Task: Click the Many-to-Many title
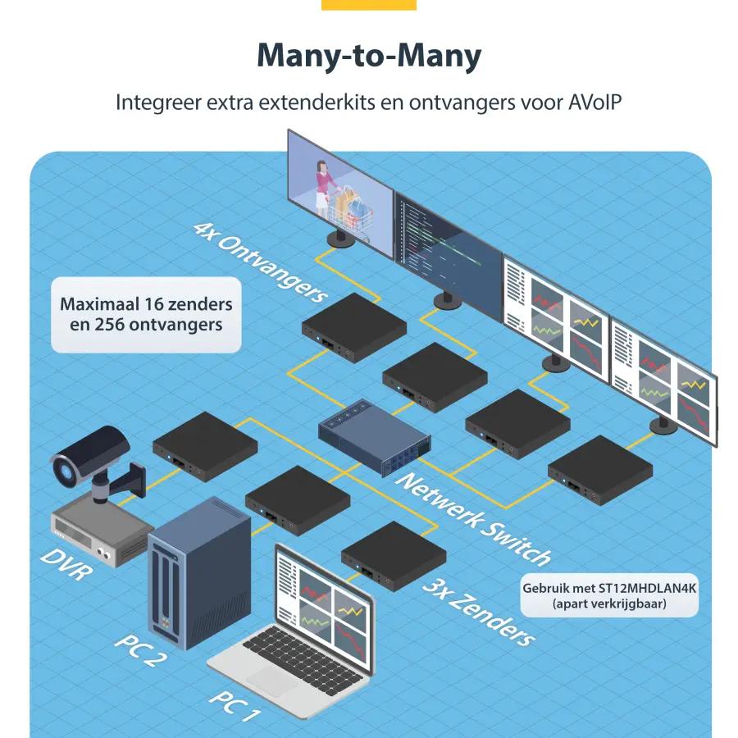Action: pos(369,56)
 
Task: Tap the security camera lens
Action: pos(65,469)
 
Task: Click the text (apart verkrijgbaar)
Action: pos(609,604)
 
